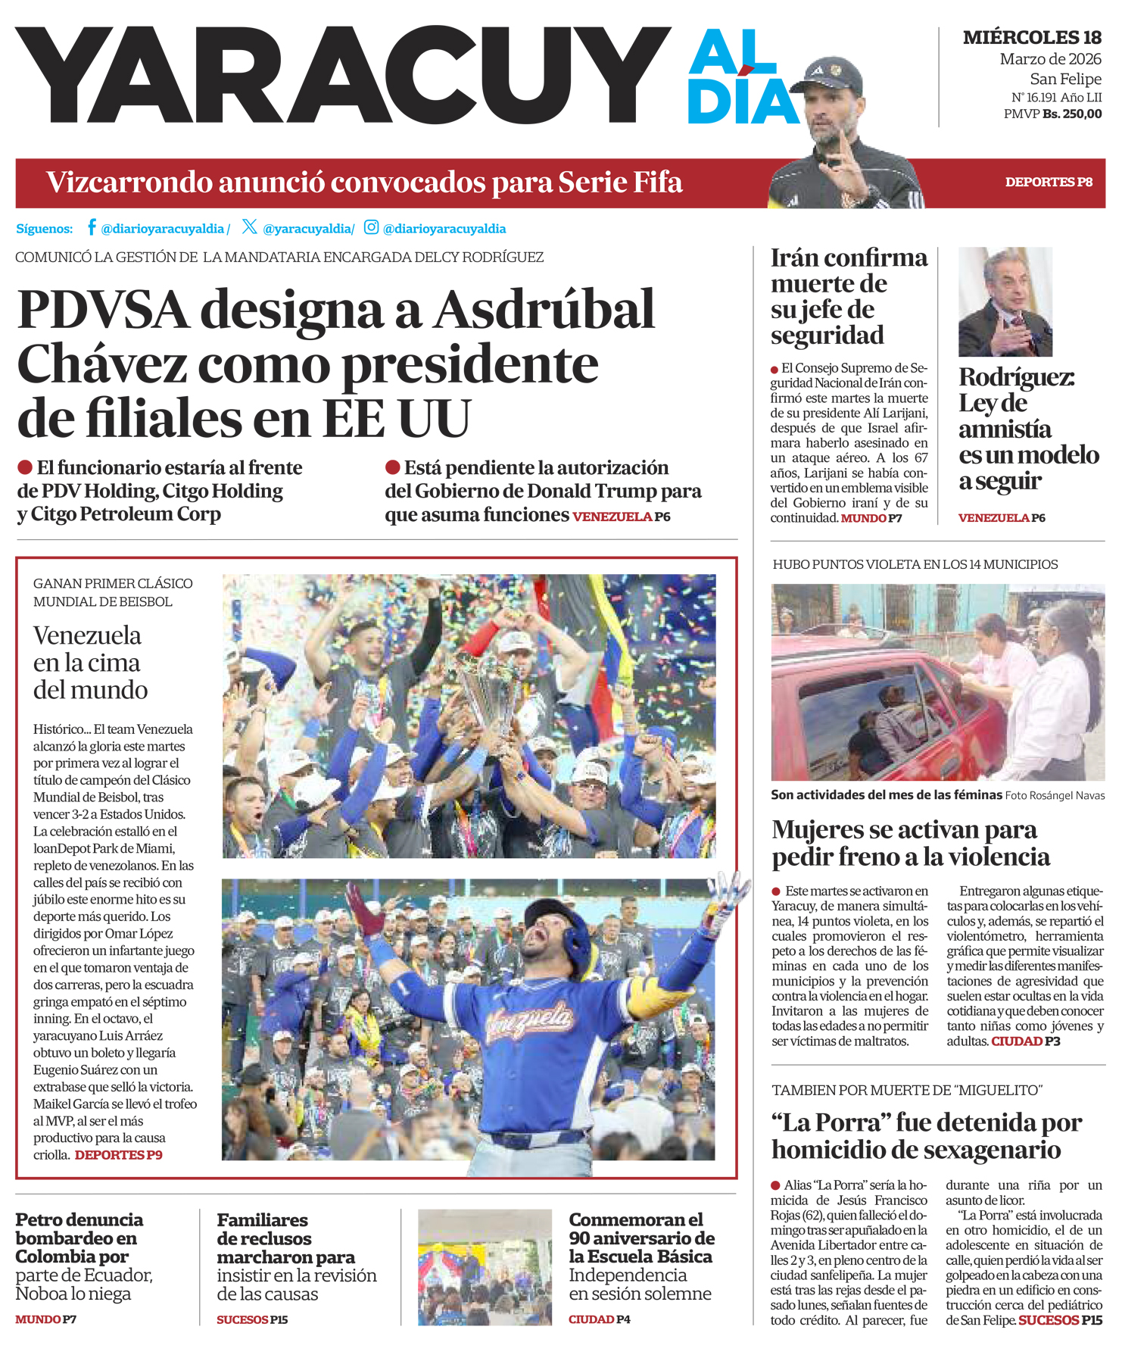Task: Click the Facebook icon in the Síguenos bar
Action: click(92, 227)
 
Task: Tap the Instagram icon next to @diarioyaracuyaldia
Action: click(371, 227)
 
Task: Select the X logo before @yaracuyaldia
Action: click(250, 226)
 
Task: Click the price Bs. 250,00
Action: click(1072, 114)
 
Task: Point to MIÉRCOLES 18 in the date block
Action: click(1032, 37)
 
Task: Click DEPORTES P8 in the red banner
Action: click(1049, 183)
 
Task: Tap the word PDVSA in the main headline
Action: click(103, 311)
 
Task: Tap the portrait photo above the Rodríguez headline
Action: click(1005, 301)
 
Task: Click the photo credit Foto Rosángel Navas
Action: click(1055, 796)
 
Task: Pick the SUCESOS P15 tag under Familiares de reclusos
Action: click(252, 1320)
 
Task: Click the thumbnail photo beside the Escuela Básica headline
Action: click(485, 1267)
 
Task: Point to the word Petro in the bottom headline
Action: click(42, 1220)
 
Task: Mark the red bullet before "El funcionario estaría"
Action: click(25, 467)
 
